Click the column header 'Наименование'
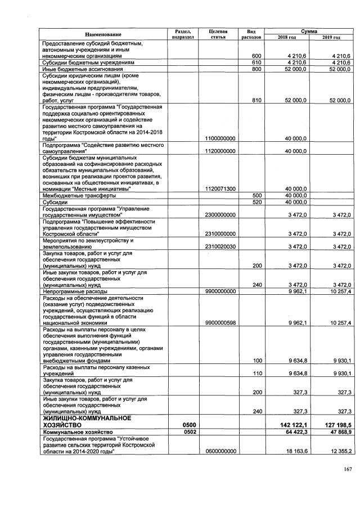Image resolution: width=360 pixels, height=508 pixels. click(103, 34)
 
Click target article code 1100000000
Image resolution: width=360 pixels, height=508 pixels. click(220, 138)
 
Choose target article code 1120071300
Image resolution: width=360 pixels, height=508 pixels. click(220, 189)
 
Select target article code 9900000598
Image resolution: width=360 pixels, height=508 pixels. click(220, 323)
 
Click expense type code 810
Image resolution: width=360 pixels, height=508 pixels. click(257, 100)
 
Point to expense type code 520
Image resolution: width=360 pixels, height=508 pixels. click(257, 202)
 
